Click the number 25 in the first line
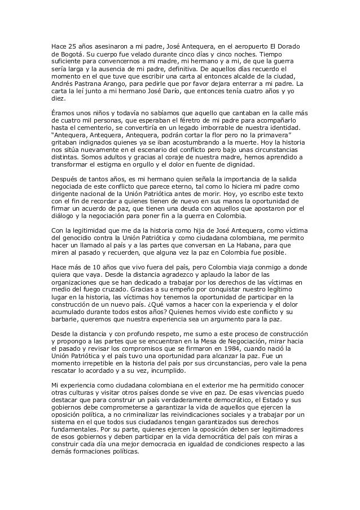(71, 45)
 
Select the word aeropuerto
(237, 45)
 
